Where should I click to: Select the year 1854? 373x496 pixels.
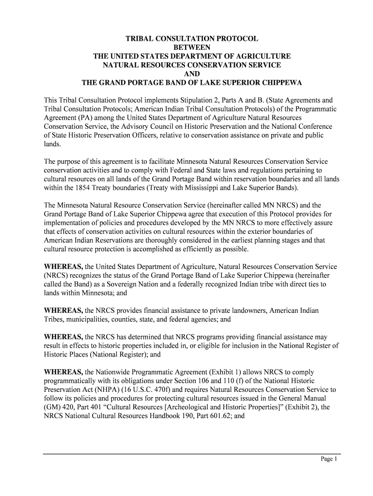[77, 187]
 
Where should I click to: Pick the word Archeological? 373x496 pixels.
[181, 407]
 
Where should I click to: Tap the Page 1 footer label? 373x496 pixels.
[328, 460]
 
